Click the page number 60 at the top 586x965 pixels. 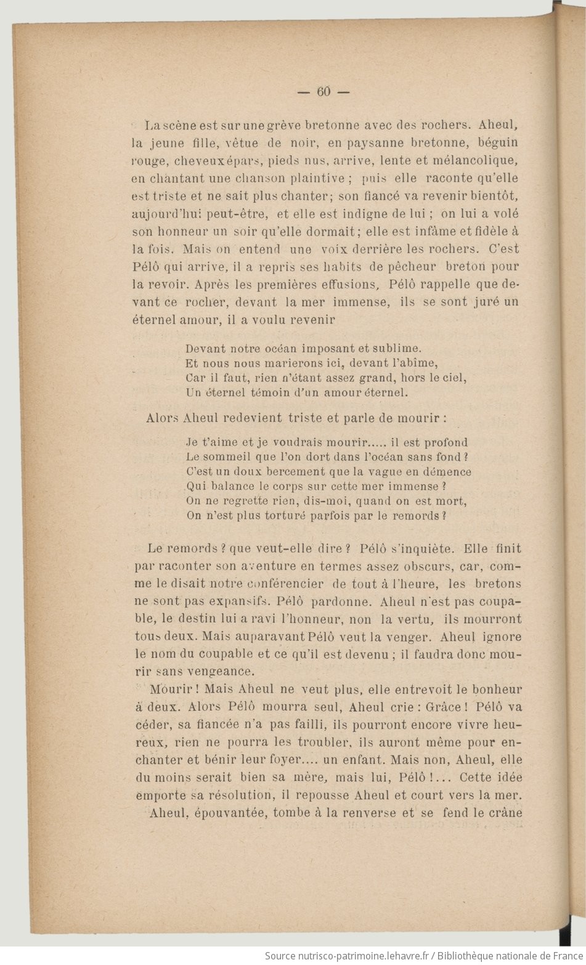324,92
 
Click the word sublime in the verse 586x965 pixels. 396,348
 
